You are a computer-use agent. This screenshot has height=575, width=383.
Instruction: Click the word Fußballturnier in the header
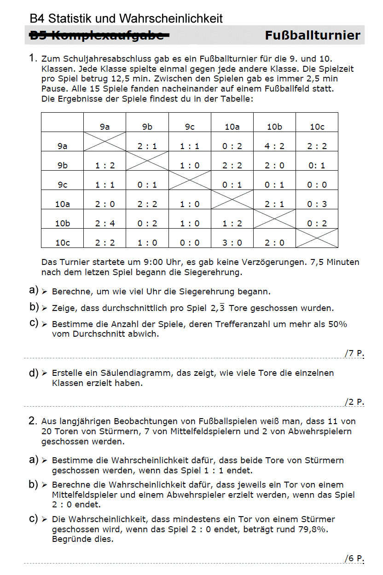313,36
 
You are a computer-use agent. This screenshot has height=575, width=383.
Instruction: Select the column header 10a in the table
232,127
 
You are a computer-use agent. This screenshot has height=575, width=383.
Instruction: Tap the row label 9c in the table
63,185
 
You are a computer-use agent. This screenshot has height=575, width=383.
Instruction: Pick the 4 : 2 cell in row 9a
274,146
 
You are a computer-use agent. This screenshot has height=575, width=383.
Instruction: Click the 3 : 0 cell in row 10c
232,243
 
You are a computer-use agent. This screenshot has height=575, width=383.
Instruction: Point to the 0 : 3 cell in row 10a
317,204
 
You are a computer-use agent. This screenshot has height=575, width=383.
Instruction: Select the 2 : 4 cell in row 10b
105,224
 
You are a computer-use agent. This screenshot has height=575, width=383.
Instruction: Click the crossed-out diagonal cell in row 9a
105,141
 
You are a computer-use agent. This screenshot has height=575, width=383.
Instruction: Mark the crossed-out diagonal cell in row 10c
317,238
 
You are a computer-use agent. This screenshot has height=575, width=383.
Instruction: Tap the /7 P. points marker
354,353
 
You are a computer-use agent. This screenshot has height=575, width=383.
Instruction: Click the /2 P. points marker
354,402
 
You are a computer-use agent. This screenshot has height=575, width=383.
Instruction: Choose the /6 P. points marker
354,558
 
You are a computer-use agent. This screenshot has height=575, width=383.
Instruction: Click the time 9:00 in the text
154,263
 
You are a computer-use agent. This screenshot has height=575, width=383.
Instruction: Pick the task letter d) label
34,373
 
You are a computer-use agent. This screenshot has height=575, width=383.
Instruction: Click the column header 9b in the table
147,127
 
